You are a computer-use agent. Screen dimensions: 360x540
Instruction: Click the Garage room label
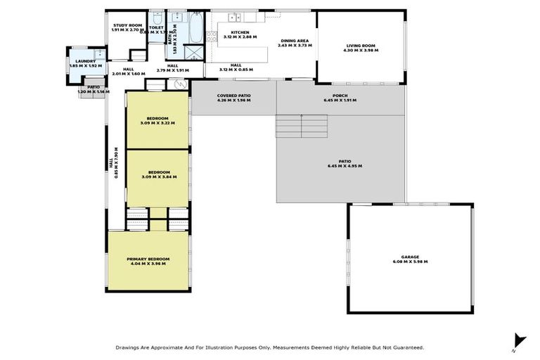point(410,258)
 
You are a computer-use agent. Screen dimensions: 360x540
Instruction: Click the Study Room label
point(128,25)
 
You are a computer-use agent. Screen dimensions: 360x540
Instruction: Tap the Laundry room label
point(86,62)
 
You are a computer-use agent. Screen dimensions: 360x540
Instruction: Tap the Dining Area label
point(295,41)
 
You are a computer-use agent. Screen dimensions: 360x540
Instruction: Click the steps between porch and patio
point(302,126)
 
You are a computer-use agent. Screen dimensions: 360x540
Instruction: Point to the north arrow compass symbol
point(519,340)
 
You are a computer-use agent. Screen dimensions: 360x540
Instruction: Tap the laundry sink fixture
point(99,53)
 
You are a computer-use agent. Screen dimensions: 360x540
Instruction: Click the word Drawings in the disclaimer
point(128,347)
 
